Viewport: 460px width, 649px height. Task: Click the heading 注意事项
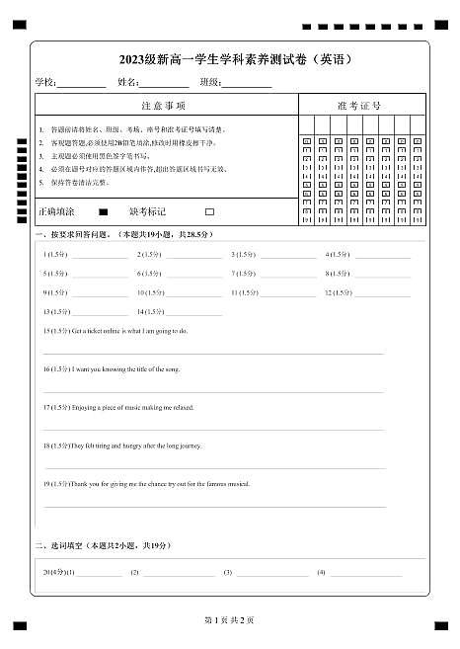pos(164,105)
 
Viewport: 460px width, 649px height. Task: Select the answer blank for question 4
pos(383,256)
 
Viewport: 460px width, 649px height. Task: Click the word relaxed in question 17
pos(182,407)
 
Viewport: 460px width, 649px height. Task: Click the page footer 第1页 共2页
pos(229,620)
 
